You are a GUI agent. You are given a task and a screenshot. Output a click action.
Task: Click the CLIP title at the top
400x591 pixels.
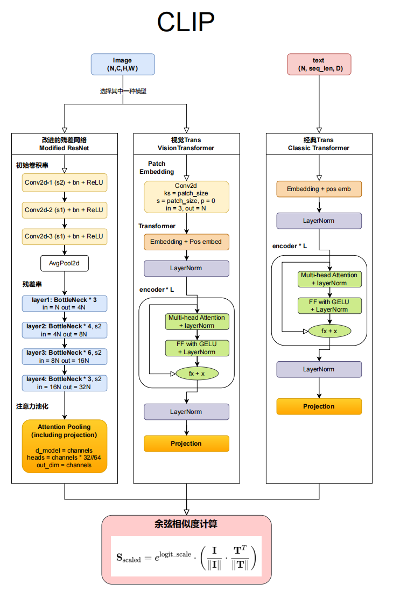tap(186, 23)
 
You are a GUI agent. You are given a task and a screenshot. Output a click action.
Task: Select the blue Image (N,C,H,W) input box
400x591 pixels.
tap(123, 65)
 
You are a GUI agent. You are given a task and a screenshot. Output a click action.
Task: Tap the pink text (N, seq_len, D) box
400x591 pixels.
tap(319, 65)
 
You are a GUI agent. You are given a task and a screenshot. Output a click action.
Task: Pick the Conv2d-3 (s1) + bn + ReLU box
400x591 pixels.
tap(64, 236)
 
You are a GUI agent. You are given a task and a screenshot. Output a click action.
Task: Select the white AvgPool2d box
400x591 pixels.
tap(64, 264)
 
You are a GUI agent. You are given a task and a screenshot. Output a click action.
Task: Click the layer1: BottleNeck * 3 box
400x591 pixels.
tap(64, 303)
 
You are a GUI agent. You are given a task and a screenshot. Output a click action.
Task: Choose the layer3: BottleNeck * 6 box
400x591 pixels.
tap(64, 356)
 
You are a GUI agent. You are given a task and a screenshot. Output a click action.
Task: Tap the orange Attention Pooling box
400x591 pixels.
tap(64, 446)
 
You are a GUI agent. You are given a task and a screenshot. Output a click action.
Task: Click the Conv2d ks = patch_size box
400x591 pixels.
tap(186, 196)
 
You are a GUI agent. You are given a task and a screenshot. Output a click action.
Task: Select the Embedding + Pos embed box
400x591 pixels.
tap(186, 242)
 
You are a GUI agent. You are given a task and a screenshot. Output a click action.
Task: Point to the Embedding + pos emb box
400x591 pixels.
tap(319, 189)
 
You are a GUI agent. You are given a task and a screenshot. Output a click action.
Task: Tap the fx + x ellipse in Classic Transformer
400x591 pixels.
tap(329, 330)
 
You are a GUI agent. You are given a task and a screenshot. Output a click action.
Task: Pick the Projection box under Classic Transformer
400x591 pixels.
tap(319, 406)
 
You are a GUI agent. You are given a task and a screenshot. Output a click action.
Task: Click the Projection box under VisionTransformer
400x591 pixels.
tap(186, 444)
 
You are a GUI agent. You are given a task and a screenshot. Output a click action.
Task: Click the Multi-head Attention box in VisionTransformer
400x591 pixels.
tap(197, 321)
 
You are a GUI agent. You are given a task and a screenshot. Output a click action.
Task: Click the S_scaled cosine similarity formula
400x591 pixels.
tap(186, 558)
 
